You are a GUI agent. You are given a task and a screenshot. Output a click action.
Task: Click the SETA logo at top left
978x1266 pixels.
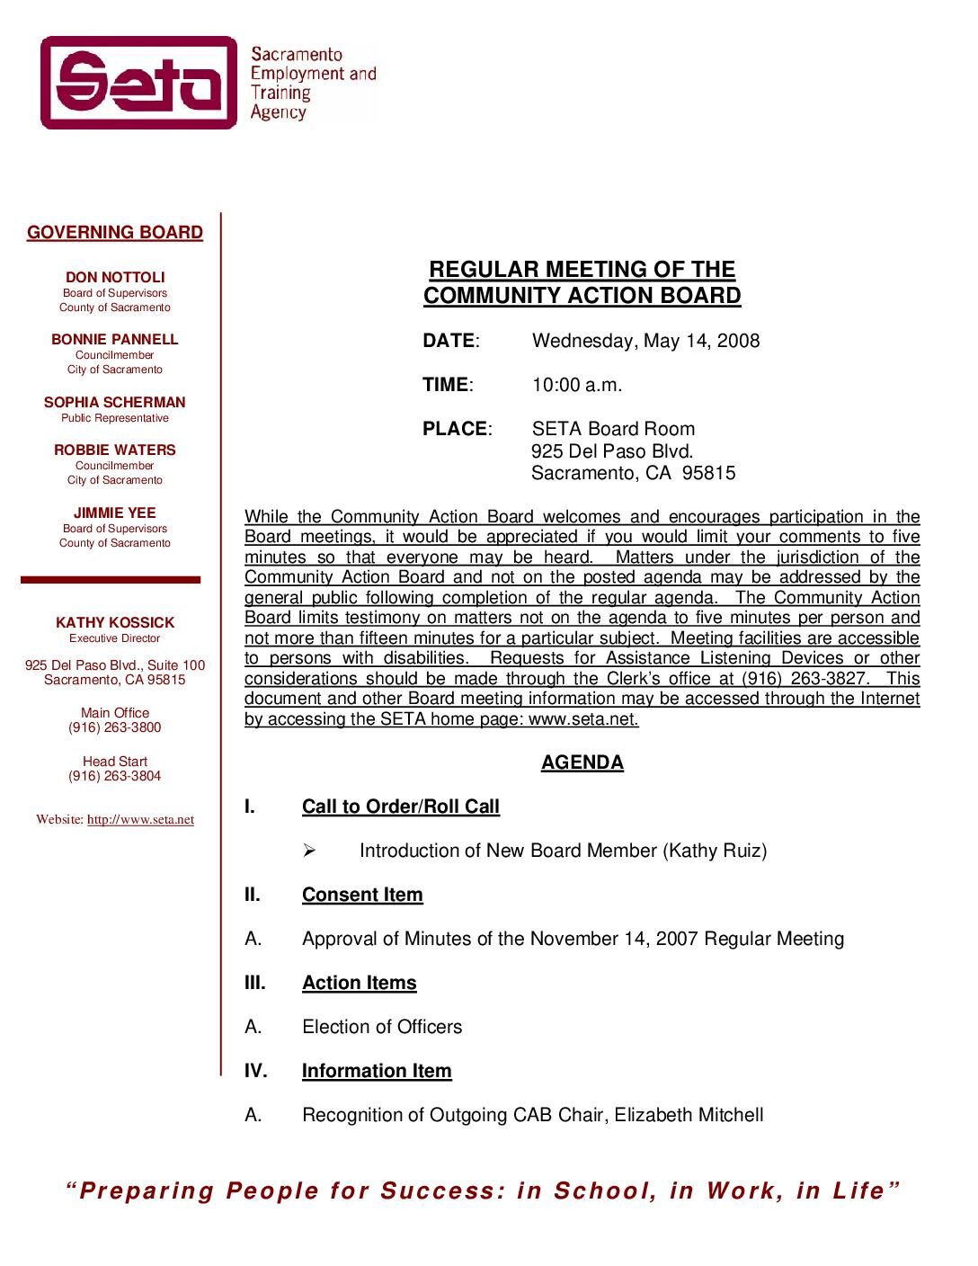[139, 83]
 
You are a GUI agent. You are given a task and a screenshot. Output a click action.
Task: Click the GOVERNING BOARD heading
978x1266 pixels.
[115, 233]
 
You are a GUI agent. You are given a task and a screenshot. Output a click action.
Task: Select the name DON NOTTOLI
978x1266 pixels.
[115, 278]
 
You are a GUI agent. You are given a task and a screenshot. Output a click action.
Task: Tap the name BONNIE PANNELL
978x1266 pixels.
[115, 340]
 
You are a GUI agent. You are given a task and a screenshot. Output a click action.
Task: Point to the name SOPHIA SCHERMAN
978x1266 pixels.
[115, 403]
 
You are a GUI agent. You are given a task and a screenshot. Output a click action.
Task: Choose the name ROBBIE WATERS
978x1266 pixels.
[115, 450]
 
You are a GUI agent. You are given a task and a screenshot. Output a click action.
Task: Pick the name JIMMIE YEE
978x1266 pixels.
[115, 513]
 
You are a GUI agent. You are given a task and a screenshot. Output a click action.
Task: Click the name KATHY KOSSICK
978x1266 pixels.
[115, 623]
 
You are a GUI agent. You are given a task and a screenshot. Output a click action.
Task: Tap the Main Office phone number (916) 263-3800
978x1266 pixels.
[115, 727]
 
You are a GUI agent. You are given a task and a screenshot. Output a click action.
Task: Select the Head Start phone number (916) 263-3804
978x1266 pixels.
[115, 776]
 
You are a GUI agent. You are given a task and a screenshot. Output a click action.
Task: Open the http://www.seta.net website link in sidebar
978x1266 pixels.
[140, 820]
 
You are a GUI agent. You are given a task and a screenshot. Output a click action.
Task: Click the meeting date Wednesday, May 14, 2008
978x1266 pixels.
[645, 341]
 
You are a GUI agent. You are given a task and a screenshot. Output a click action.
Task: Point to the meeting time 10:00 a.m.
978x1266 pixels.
[577, 385]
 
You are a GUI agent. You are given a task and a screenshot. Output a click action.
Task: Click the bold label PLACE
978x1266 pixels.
[455, 429]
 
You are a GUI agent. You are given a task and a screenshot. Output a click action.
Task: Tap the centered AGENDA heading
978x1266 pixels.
[582, 762]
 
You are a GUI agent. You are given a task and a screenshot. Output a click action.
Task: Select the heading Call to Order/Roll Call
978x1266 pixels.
[401, 807]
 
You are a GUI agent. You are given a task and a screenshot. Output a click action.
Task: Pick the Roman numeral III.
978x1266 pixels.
[255, 983]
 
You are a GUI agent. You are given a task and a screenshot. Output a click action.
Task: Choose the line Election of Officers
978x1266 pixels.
[382, 1027]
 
